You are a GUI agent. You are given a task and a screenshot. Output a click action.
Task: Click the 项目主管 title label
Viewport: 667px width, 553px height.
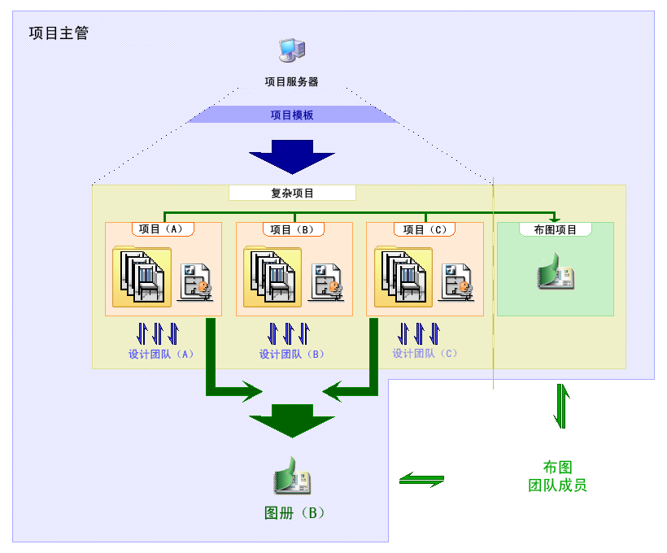(59, 33)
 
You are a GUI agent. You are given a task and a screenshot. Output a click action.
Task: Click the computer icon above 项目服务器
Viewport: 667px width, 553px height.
(291, 50)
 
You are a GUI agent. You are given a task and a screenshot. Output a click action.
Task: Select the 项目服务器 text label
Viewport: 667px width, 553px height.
(291, 81)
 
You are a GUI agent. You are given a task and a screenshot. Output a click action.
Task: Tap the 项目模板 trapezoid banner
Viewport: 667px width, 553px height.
(291, 115)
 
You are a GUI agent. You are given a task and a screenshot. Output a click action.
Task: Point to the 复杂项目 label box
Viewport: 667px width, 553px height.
(292, 194)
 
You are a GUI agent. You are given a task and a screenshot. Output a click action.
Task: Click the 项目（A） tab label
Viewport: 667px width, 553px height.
(163, 229)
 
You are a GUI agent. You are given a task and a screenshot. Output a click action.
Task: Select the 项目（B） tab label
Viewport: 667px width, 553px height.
(293, 229)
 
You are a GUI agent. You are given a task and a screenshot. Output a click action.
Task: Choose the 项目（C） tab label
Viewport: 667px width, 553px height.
(424, 229)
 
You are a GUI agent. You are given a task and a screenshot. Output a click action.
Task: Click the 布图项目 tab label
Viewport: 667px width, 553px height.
(555, 229)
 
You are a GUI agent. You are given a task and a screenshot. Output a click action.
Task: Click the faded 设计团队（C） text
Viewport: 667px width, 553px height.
(425, 354)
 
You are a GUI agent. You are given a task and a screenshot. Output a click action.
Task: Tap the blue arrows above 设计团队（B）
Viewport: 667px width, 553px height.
(289, 333)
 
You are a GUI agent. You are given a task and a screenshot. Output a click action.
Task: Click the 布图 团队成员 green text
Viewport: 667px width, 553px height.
(557, 477)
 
